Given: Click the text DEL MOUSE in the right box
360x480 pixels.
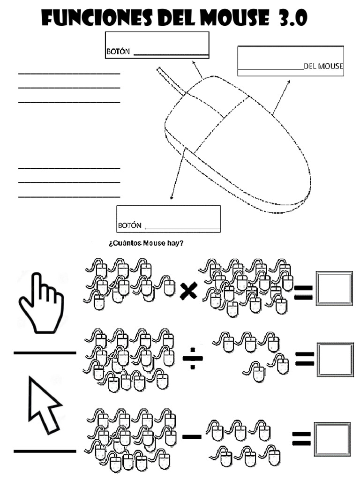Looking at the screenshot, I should [x=323, y=66].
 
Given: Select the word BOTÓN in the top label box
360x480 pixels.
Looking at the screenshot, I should [x=118, y=52].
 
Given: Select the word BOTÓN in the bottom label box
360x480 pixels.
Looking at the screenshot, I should [x=130, y=225].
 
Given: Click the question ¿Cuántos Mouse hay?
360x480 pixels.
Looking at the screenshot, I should [x=146, y=243].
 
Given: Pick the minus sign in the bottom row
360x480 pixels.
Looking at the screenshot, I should [x=192, y=437].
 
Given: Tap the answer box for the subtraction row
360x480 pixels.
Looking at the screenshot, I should [x=332, y=439].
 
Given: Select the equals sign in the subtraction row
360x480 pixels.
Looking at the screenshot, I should [x=301, y=439].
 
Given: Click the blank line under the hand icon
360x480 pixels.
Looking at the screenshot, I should [x=45, y=352].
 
